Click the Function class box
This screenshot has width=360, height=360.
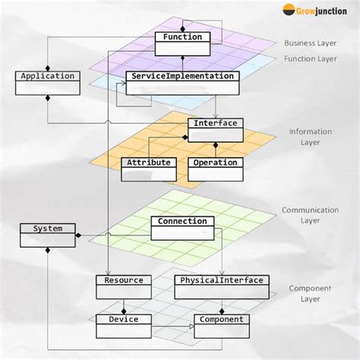tap(182, 43)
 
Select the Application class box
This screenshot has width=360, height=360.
tap(47, 82)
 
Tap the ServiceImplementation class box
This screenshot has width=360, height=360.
tap(182, 83)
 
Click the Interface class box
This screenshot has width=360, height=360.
tap(215, 129)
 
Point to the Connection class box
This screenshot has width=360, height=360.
tap(182, 227)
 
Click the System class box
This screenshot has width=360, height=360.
tap(47, 234)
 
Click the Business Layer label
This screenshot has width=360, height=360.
tap(310, 43)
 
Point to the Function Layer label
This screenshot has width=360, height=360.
tap(310, 58)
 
